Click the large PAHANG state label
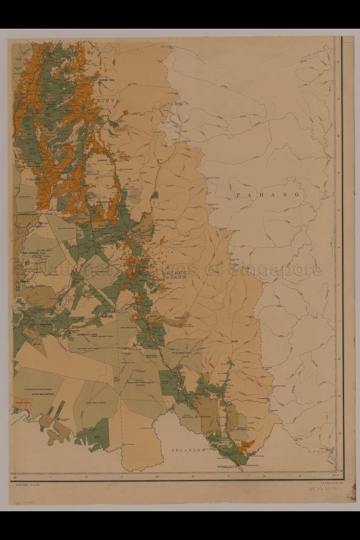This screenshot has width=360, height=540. pos(268,195)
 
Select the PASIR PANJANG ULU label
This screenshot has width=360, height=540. pos(33,253)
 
